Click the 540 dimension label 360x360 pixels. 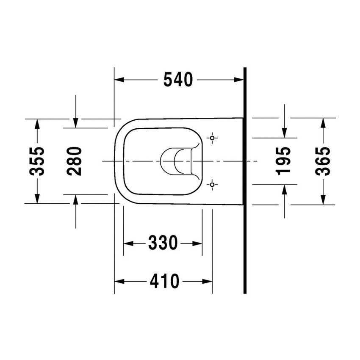[178, 80]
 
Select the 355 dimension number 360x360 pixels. [37, 161]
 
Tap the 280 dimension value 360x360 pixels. [74, 161]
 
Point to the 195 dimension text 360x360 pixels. [283, 161]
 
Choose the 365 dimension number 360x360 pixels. [323, 161]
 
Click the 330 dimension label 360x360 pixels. [163, 243]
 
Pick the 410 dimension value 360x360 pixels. [164, 281]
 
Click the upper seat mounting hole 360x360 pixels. [212, 138]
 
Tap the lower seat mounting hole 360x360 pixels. [212, 185]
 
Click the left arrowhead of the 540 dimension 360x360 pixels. [119, 80]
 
